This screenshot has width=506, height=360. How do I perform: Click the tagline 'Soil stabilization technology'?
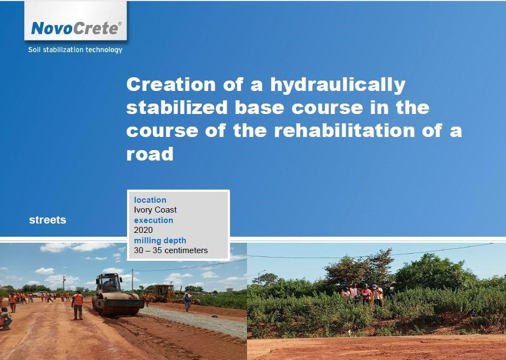coord(75,50)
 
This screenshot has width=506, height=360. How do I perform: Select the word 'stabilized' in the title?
coord(177,107)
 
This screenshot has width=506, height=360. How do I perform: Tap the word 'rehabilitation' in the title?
coord(344,130)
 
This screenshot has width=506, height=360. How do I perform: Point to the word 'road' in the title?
coord(150,154)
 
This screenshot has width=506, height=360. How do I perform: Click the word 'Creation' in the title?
coord(171,84)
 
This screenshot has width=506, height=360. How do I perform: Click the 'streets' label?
coord(48,220)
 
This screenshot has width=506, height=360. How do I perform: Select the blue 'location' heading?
coord(150,200)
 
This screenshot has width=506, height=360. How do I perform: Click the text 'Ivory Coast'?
coord(155,210)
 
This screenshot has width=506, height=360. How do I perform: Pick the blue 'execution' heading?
coord(153,220)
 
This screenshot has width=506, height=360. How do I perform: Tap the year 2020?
coord(143,230)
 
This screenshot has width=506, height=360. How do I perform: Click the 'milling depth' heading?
coord(160,241)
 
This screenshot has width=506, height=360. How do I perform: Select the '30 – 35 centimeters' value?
coord(171,250)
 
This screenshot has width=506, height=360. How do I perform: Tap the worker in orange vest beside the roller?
coord(77,305)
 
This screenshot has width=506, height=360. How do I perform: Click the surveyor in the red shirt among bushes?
coord(366,294)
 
